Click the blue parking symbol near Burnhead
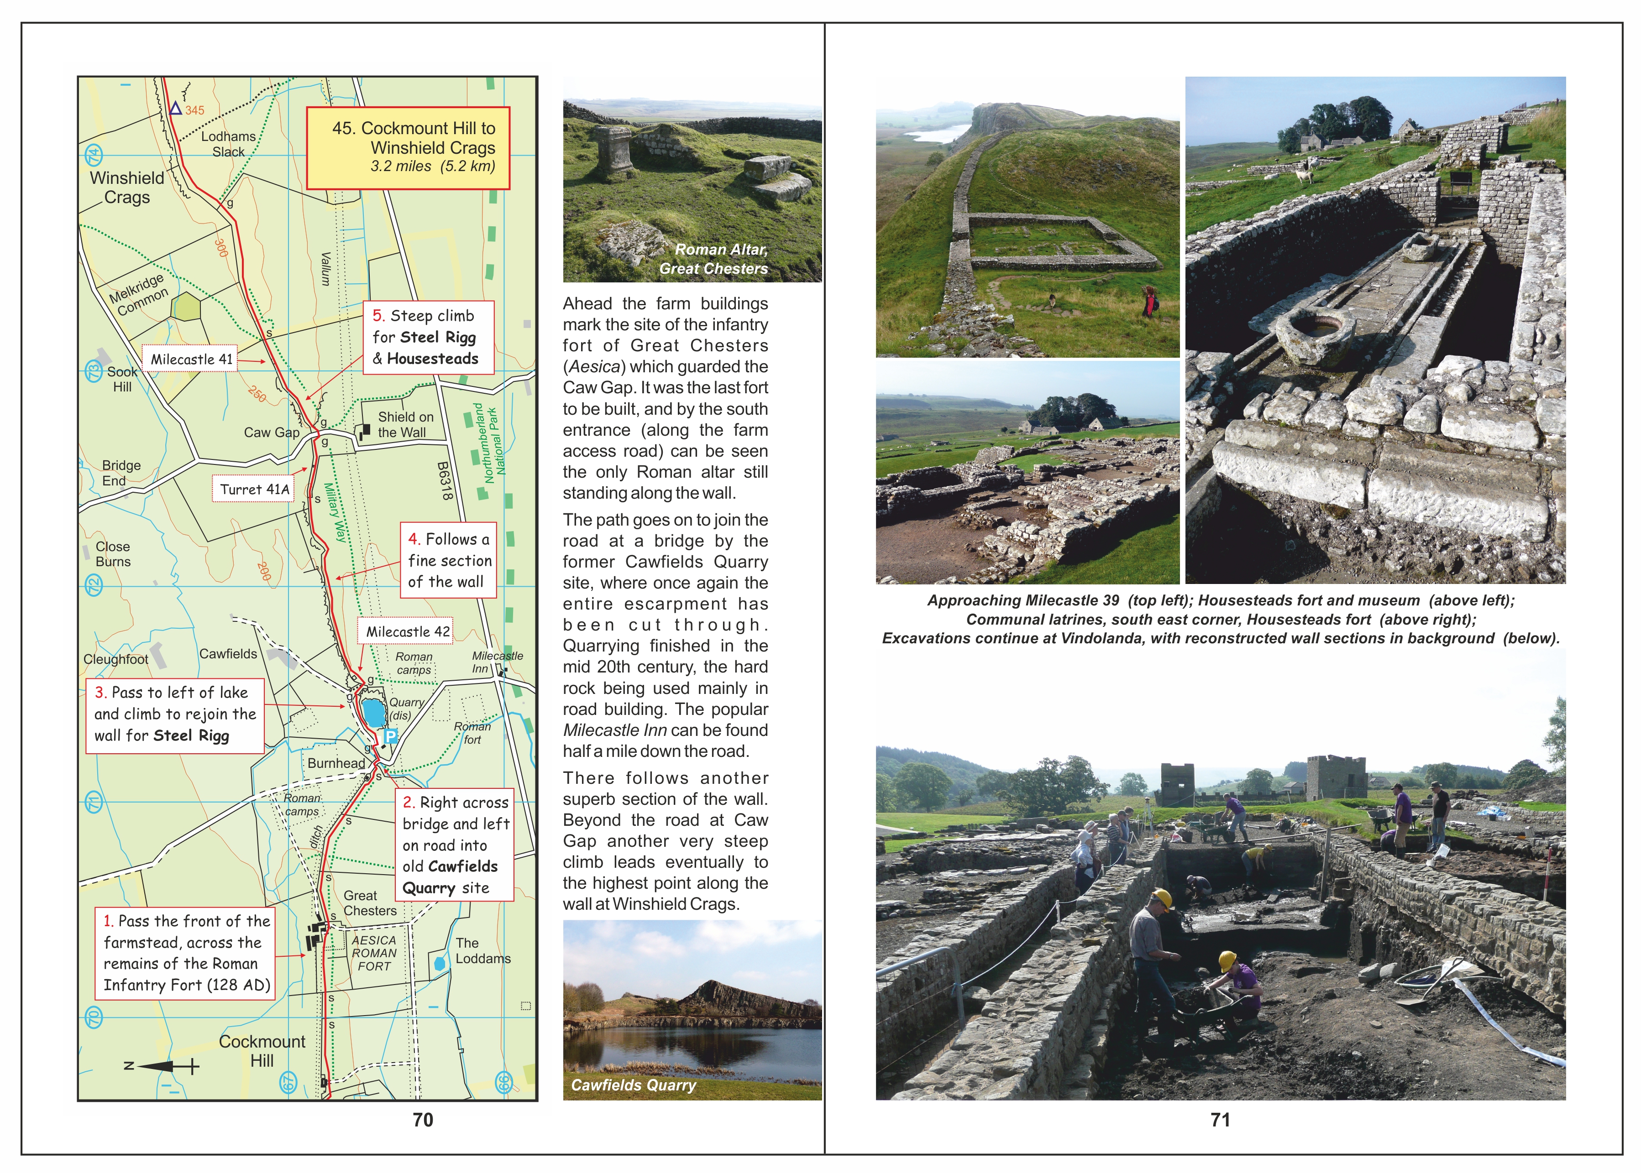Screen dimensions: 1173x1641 click(x=390, y=736)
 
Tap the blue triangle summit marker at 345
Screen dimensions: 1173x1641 click(x=175, y=109)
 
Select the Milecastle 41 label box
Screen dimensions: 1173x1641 click(x=191, y=359)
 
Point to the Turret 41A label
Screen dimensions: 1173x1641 click(x=254, y=489)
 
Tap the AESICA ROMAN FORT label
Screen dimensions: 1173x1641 click(x=373, y=953)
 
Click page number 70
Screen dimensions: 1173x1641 click(x=423, y=1120)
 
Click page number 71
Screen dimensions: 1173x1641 click(x=1221, y=1120)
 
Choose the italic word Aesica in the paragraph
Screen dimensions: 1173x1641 click(x=594, y=366)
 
